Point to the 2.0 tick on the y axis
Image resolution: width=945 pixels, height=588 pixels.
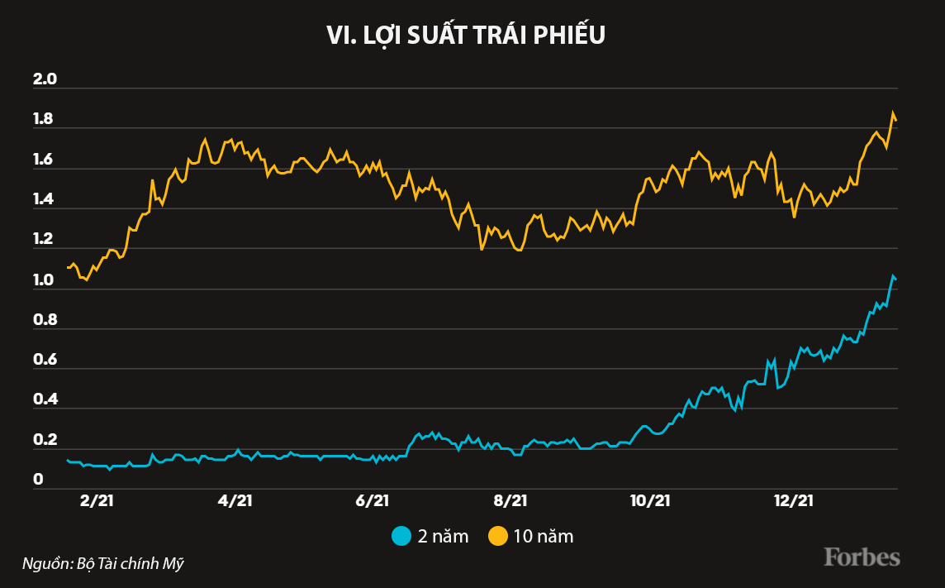coord(44,80)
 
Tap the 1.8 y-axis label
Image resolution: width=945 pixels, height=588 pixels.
coord(44,120)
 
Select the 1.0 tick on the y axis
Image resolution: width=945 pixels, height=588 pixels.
coord(44,281)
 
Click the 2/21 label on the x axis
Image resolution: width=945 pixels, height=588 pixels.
coord(96,501)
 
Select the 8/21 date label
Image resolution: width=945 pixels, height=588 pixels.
coord(510,501)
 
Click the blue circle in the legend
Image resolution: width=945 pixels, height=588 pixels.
coord(401,536)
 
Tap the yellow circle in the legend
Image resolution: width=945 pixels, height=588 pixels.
coord(497,536)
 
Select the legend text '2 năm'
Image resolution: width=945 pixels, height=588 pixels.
coord(443,536)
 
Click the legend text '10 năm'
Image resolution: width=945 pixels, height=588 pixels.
coord(543,536)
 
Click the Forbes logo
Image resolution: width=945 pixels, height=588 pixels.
coord(862,557)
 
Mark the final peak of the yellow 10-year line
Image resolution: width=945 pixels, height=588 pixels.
coord(892,112)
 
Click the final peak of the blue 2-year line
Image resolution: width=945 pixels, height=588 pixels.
coord(892,275)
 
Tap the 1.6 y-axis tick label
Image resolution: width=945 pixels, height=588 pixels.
coord(44,160)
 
